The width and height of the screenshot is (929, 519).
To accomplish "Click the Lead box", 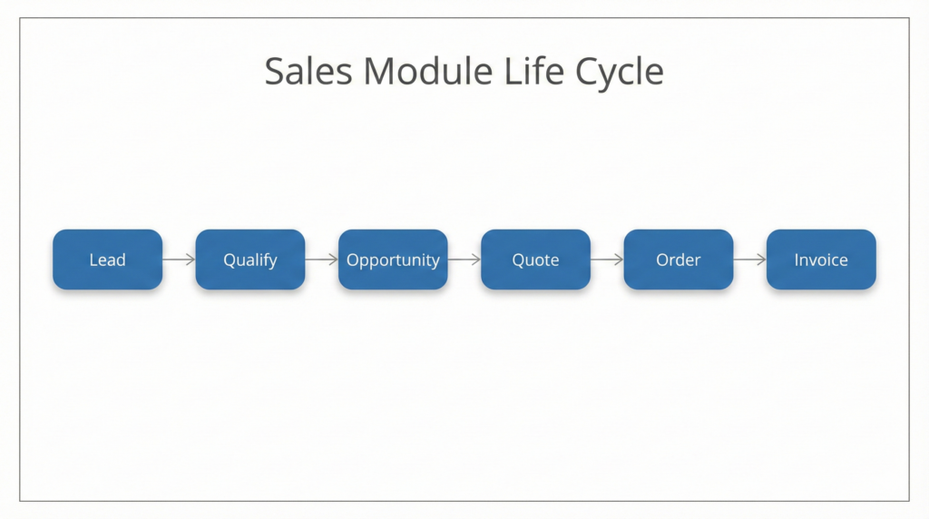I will pyautogui.click(x=107, y=259).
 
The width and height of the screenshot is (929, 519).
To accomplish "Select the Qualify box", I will pyautogui.click(x=249, y=259).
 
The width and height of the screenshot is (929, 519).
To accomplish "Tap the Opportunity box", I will pyautogui.click(x=393, y=259).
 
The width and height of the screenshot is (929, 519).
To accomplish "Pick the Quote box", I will pyautogui.click(x=535, y=259).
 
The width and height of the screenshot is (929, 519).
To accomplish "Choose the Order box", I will pyautogui.click(x=678, y=259).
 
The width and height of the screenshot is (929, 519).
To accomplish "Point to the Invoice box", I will pyautogui.click(x=821, y=259).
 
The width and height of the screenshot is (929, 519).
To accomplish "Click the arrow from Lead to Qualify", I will pyautogui.click(x=179, y=259).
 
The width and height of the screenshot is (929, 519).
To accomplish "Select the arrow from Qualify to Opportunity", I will pyautogui.click(x=321, y=259).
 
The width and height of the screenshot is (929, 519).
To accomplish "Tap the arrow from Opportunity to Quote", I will pyautogui.click(x=464, y=259).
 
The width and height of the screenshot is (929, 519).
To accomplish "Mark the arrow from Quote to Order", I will pyautogui.click(x=607, y=259).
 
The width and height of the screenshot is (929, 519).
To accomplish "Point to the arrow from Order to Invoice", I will pyautogui.click(x=749, y=259).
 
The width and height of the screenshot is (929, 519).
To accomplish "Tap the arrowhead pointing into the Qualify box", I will pyautogui.click(x=191, y=259).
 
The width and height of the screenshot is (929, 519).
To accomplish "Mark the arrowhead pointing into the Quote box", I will pyautogui.click(x=476, y=259).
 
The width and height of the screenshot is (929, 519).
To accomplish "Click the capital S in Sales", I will pyautogui.click(x=274, y=72).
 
